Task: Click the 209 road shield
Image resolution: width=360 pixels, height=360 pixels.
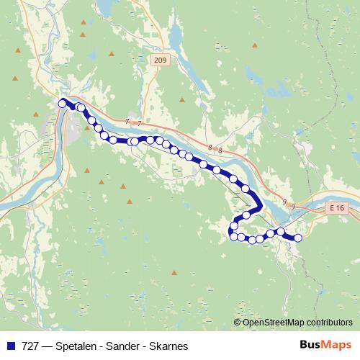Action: point(161,62)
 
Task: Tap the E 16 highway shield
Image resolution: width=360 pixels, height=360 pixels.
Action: point(335,207)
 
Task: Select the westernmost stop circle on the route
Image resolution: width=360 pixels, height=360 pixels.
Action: point(63,103)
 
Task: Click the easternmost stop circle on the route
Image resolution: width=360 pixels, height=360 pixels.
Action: point(297,238)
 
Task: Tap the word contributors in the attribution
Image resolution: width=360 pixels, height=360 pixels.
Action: point(327,322)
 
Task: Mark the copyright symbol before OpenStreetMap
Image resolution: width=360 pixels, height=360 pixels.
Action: point(238,322)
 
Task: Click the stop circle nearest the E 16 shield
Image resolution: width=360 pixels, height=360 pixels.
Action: point(297,238)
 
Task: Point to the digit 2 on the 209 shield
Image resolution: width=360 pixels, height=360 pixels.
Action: point(157,62)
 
